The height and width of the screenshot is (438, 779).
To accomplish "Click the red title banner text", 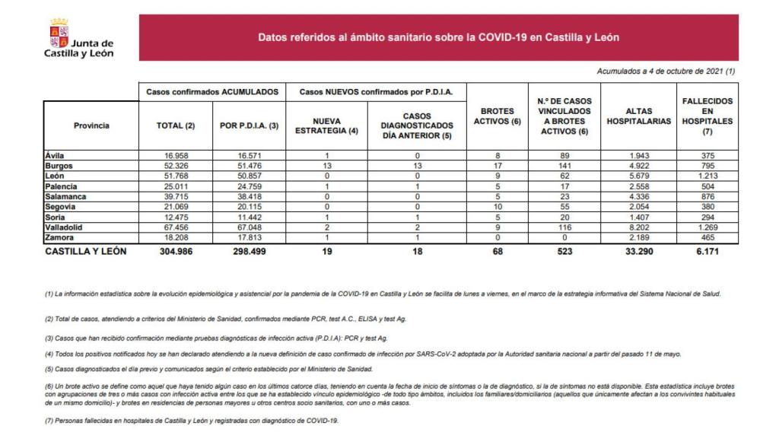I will [444, 36].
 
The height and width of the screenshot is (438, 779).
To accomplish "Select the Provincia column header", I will [91, 125].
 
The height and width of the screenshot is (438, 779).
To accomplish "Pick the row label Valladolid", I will [65, 226].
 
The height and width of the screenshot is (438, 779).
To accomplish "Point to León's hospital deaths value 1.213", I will [707, 176].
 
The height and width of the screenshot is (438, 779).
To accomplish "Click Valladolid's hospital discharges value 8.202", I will [638, 226].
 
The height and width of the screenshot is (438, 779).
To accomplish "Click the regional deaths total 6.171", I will [707, 252].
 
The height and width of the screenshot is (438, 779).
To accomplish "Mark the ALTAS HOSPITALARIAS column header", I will [638, 120].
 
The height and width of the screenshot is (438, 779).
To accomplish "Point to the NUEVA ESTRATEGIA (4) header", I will [326, 125].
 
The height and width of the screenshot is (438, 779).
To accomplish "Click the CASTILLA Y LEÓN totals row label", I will [86, 252].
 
